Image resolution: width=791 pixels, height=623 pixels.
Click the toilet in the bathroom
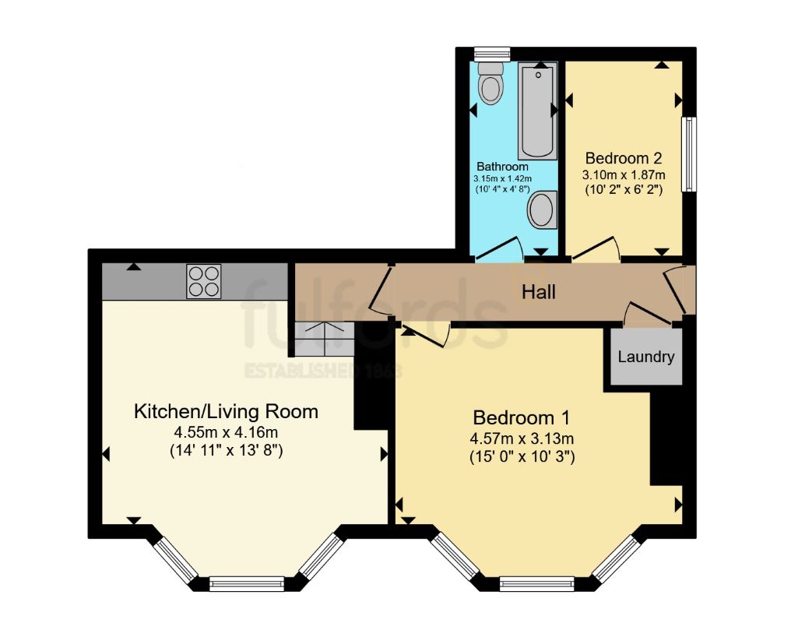(x=491, y=86)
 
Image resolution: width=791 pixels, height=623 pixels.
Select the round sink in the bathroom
(x=542, y=209)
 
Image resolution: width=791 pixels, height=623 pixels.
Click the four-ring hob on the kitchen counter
(x=203, y=281)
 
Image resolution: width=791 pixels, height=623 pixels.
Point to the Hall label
(x=539, y=292)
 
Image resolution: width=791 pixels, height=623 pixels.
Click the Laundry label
(x=645, y=357)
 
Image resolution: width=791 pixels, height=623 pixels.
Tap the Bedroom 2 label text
(x=623, y=156)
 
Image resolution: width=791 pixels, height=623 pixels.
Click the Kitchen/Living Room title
(x=227, y=411)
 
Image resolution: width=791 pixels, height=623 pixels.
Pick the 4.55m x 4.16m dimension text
(x=227, y=432)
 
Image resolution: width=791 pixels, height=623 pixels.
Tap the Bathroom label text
(x=502, y=167)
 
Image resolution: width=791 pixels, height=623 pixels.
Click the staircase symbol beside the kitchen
(x=324, y=336)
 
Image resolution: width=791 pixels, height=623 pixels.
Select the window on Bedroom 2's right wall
(x=688, y=153)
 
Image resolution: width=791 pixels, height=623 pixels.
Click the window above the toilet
(x=491, y=53)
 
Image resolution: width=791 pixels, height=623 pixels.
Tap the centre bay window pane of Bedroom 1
(x=536, y=580)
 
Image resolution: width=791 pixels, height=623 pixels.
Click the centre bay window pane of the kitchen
(x=247, y=581)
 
